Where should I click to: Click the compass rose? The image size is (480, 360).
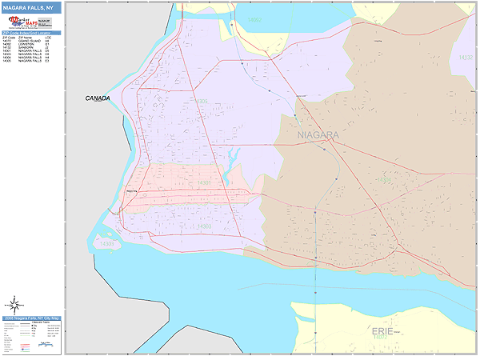[x=14, y=303]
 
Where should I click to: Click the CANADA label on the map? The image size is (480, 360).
[x=98, y=98]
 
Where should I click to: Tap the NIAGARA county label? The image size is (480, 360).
[x=318, y=135]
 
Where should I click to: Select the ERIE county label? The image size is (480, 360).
[x=382, y=330]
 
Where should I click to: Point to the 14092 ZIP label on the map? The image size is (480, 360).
[x=254, y=18]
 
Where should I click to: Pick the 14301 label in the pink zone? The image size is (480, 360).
[x=205, y=183]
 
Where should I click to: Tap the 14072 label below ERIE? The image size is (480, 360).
[x=380, y=338]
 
